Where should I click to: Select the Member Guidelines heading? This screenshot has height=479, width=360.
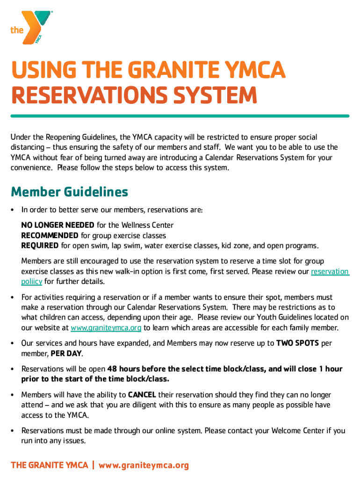pyautogui.click(x=69, y=192)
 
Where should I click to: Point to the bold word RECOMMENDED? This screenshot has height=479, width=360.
pyautogui.click(x=50, y=235)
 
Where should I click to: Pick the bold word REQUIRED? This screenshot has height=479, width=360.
pyautogui.click(x=40, y=246)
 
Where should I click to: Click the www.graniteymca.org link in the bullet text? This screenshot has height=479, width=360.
pyautogui.click(x=106, y=328)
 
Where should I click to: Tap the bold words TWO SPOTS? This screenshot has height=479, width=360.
pyautogui.click(x=298, y=343)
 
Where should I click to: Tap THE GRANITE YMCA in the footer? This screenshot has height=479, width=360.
pyautogui.click(x=50, y=465)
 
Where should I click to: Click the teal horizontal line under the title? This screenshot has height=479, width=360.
pyautogui.click(x=180, y=116)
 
